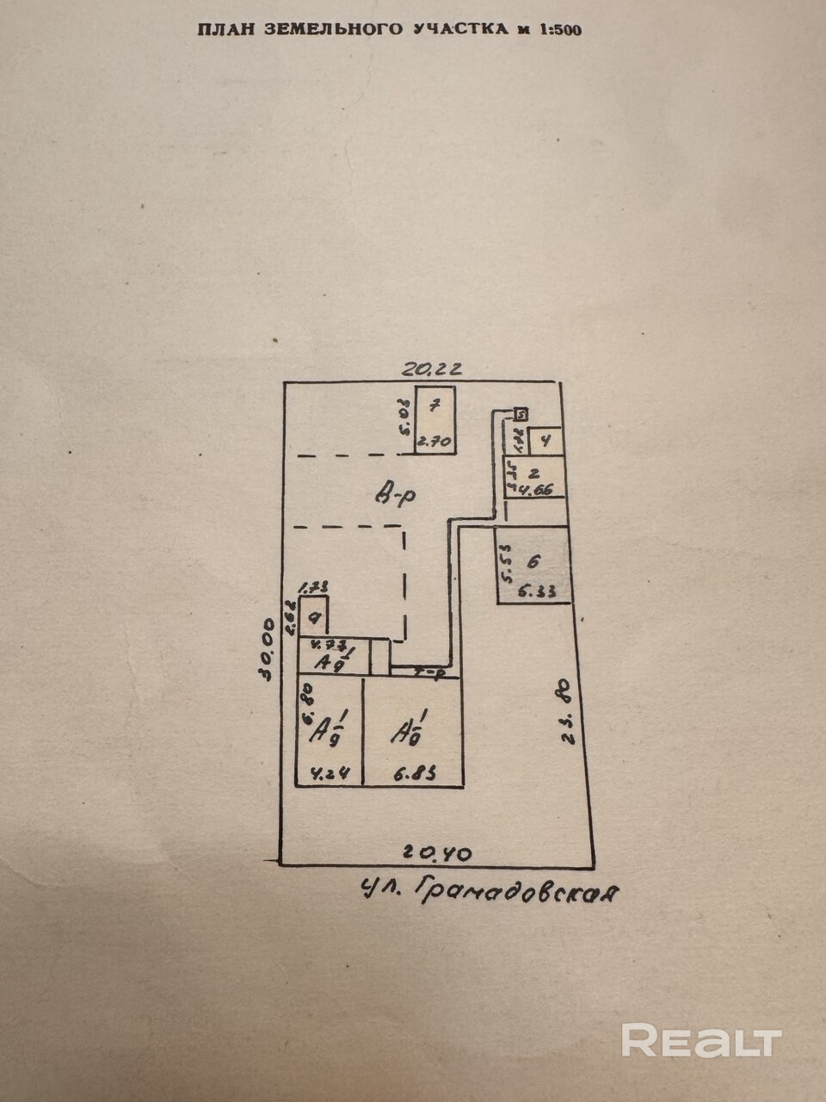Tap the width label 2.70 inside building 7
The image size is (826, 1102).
434,443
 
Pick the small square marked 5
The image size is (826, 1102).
521,414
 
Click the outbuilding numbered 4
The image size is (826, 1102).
546,441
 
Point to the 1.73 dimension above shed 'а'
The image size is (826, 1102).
313,587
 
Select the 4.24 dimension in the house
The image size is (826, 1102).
326,773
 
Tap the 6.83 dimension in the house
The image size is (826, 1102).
414,773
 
